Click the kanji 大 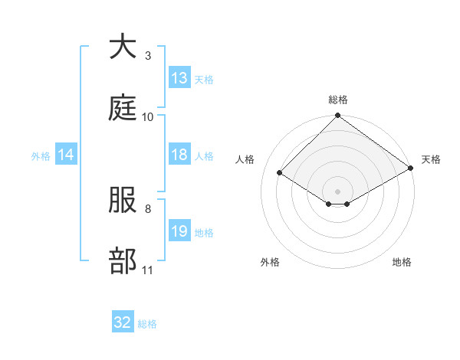(x=123, y=47)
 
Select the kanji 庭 (x=123, y=108)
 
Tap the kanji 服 (x=123, y=200)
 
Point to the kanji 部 (x=123, y=261)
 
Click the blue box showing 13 (x=179, y=78)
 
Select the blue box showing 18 (x=179, y=155)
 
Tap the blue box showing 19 (x=179, y=231)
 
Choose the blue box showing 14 (x=66, y=155)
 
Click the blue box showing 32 (x=123, y=322)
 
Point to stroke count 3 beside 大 (x=148, y=55)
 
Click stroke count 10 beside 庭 (x=148, y=116)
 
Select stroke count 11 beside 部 (x=148, y=270)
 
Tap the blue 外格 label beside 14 (x=41, y=156)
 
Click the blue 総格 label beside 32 (x=147, y=324)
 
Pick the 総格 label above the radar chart (x=338, y=100)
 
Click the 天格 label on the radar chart (x=431, y=159)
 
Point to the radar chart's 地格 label (x=402, y=262)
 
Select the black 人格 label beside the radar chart (x=246, y=159)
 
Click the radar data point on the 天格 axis (x=411, y=169)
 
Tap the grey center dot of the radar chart (x=338, y=190)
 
